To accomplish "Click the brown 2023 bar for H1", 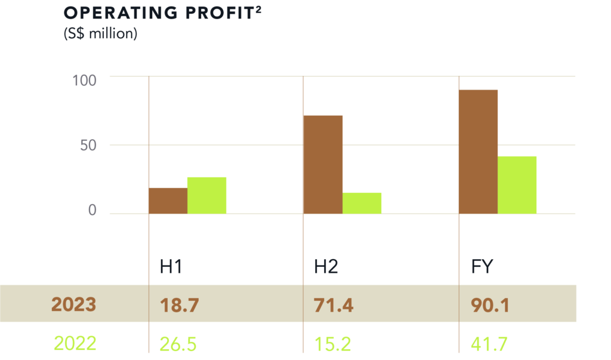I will pos(168,201).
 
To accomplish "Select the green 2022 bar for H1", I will pos(207,195).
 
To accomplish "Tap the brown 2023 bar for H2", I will pos(323,164).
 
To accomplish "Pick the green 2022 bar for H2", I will pos(362,203).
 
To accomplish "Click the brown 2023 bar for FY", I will pos(478,152).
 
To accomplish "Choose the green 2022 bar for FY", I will pos(517,184).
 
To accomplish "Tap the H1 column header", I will pos(171,267).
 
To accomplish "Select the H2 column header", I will pos(326,267).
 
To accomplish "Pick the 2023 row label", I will pos(73,304).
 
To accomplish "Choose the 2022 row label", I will pos(75,344).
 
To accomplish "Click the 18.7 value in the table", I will pos(178,306).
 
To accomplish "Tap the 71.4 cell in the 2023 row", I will pos(333,306).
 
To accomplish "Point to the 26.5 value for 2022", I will pos(179,344).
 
